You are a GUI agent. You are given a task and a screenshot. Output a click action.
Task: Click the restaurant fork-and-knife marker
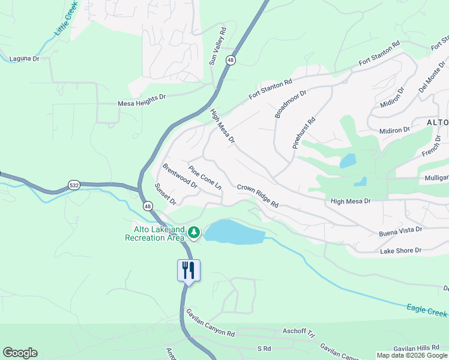coord(188,270)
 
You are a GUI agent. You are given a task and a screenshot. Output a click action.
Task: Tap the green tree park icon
coord(194,232)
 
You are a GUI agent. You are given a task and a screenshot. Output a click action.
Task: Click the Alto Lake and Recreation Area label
coord(155,234)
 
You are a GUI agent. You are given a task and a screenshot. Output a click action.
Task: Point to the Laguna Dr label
coord(24,59)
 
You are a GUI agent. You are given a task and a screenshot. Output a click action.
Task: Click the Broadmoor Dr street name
coord(291,104)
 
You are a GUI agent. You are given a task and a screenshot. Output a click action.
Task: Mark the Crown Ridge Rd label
coord(258,196)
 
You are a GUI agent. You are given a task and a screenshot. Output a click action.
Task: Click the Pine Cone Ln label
coord(205,178)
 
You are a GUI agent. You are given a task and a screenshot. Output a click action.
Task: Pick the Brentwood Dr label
coord(180,176)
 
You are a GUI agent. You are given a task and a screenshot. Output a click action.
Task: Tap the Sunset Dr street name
coord(165,194)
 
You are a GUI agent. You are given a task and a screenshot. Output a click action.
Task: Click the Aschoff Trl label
coord(298,331)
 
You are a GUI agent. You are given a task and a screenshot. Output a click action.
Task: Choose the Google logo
coord(20,353)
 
